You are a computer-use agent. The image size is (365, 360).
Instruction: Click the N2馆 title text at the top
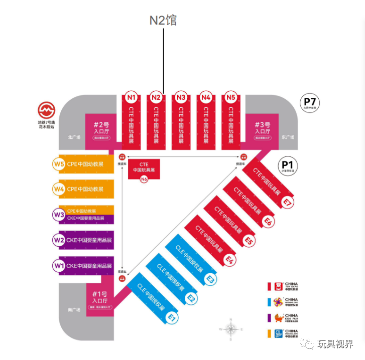click(x=164, y=21)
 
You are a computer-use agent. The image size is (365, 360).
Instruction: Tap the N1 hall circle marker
click(x=132, y=97)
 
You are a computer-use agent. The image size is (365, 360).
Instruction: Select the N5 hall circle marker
click(x=230, y=97)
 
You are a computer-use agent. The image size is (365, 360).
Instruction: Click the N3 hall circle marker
click(x=181, y=97)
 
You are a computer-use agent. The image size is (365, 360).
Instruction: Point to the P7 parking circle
click(x=309, y=103)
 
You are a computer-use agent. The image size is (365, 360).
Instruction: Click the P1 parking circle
click(x=289, y=166)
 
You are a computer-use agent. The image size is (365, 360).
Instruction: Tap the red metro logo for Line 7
click(x=47, y=110)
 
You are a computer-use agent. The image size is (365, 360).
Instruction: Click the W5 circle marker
click(x=59, y=163)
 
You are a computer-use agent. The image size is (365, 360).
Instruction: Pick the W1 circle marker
click(x=59, y=265)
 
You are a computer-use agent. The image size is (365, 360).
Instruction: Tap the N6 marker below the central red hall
click(x=144, y=179)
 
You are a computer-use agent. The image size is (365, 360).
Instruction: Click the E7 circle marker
click(x=287, y=203)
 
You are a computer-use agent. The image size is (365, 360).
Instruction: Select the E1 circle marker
click(x=172, y=317)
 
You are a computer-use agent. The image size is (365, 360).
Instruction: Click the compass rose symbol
click(x=230, y=329)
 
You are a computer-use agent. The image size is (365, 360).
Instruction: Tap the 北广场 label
click(x=74, y=136)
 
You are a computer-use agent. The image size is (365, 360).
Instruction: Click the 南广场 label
click(x=74, y=310)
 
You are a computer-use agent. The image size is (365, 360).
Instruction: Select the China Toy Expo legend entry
click(x=284, y=286)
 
